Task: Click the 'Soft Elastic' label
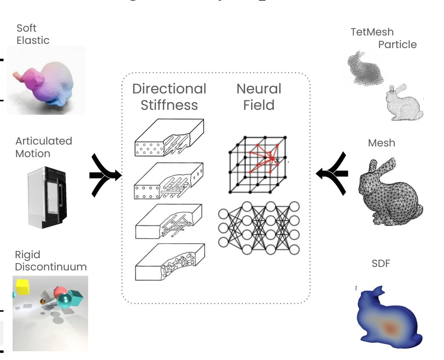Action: (x=33, y=34)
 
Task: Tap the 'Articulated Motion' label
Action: (x=43, y=147)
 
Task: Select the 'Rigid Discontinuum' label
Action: (x=51, y=260)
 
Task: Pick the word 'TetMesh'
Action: (x=372, y=32)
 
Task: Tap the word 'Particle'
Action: (x=397, y=45)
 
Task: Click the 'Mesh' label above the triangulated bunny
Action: (x=381, y=143)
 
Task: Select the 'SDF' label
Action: (x=380, y=263)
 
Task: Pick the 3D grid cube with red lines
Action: (x=258, y=164)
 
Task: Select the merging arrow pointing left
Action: (x=332, y=173)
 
